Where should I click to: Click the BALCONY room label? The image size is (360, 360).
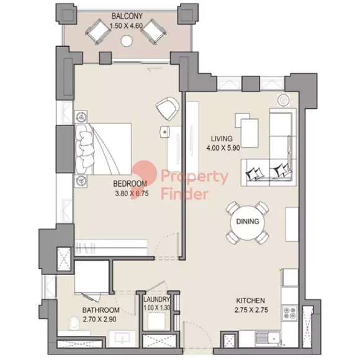pyautogui.click(x=127, y=16)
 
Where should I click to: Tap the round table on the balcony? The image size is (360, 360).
pyautogui.click(x=126, y=42)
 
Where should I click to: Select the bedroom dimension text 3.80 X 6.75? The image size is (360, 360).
pyautogui.click(x=132, y=193)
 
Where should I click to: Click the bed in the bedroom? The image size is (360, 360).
pyautogui.click(x=103, y=149)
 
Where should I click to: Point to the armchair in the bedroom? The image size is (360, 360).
pyautogui.click(x=168, y=109)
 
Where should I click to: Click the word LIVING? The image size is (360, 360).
pyautogui.click(x=222, y=138)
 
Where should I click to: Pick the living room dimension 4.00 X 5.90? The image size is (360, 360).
pyautogui.click(x=223, y=148)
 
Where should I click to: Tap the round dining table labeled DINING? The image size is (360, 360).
pyautogui.click(x=248, y=222)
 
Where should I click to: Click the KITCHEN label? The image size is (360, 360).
pyautogui.click(x=251, y=300)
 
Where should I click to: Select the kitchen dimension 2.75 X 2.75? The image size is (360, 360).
pyautogui.click(x=251, y=310)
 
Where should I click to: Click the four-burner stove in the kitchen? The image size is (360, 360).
pyautogui.click(x=289, y=313)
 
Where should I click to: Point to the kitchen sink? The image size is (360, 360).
pyautogui.click(x=268, y=338)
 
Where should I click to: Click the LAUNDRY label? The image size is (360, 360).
pyautogui.click(x=157, y=299)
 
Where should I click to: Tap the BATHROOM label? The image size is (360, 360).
pyautogui.click(x=101, y=310)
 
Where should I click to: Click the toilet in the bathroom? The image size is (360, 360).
pyautogui.click(x=74, y=323)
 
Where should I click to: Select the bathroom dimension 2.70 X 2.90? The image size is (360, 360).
pyautogui.click(x=99, y=319)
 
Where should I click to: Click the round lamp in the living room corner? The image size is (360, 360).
pyautogui.click(x=283, y=100)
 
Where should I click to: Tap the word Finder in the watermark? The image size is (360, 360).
pyautogui.click(x=184, y=194)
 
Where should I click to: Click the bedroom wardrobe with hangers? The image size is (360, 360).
pyautogui.click(x=111, y=248)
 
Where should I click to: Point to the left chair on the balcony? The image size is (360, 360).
pyautogui.click(x=97, y=31)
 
